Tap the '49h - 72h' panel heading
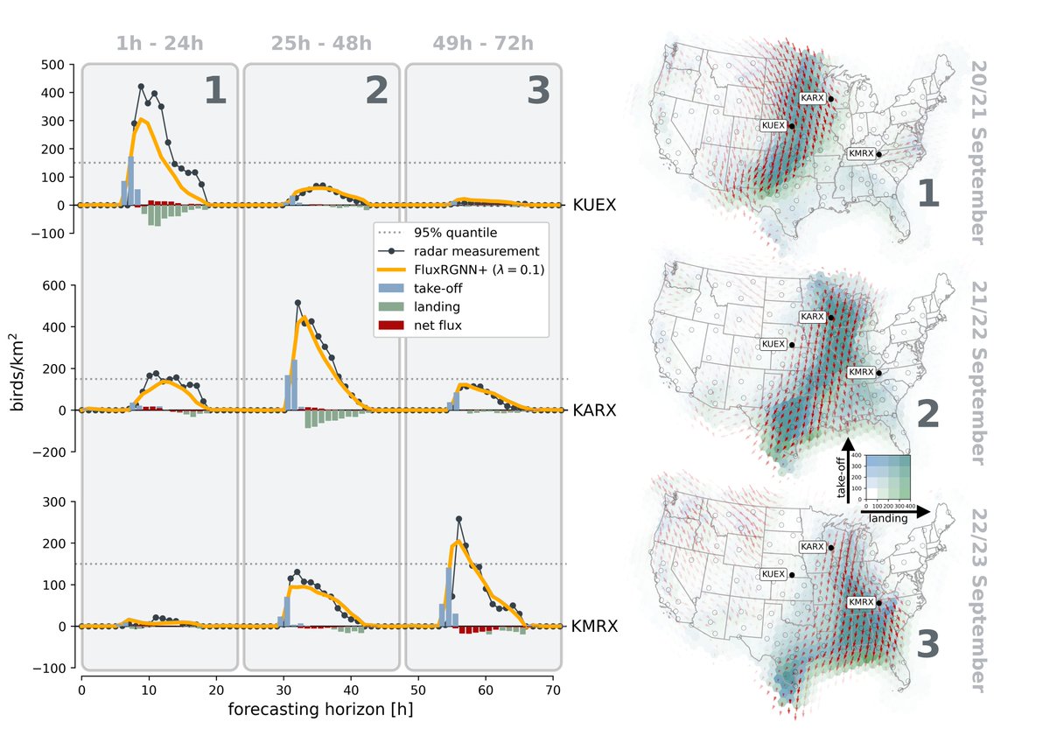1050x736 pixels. (x=482, y=44)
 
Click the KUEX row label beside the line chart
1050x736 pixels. (x=595, y=206)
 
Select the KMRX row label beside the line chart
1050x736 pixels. (x=596, y=627)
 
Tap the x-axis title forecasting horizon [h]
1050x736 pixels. (x=320, y=709)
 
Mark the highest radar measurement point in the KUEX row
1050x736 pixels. (x=141, y=87)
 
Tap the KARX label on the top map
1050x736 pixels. (x=812, y=97)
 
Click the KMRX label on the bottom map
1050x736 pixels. (x=861, y=602)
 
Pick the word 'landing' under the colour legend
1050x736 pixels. (x=888, y=518)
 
